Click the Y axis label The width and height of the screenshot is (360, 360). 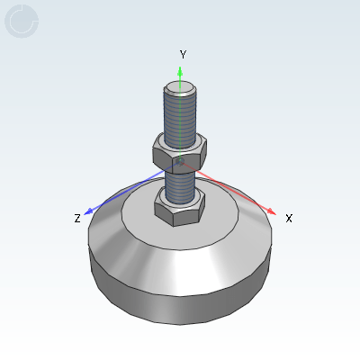coord(183,55)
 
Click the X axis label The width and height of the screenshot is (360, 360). coord(289,218)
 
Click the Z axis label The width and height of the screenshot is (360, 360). coord(77,218)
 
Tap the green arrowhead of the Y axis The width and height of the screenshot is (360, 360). coord(180,71)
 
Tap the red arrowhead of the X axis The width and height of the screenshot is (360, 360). coord(272,211)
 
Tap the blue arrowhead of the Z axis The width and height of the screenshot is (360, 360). coord(88,211)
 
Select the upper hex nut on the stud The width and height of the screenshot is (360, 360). coord(180,154)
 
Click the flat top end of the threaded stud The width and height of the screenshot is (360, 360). coord(180,87)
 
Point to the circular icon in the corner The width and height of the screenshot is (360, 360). coord(22,21)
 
